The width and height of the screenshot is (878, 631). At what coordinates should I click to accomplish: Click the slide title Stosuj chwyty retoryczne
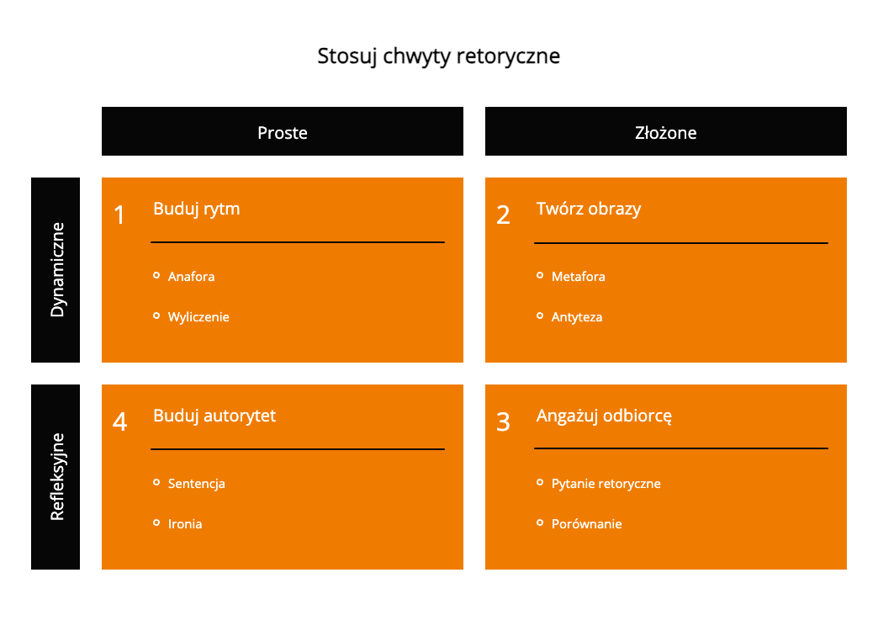pyautogui.click(x=438, y=56)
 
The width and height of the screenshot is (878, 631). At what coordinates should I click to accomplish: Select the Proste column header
pyautogui.click(x=283, y=132)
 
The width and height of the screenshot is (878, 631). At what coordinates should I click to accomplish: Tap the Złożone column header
pyautogui.click(x=666, y=132)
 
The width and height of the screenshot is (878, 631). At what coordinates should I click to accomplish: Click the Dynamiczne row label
pyautogui.click(x=56, y=269)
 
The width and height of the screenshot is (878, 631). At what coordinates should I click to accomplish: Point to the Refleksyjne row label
pyautogui.click(x=56, y=476)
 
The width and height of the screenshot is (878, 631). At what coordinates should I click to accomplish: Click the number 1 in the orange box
pyautogui.click(x=119, y=215)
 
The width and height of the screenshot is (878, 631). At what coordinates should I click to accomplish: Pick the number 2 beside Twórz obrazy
pyautogui.click(x=503, y=215)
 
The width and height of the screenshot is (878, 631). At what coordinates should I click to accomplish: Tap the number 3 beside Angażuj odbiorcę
pyautogui.click(x=503, y=422)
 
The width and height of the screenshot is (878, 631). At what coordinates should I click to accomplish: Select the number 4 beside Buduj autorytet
pyautogui.click(x=119, y=422)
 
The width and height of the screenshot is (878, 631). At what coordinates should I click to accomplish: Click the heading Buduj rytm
pyautogui.click(x=197, y=209)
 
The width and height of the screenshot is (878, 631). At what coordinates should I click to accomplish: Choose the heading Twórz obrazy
pyautogui.click(x=589, y=209)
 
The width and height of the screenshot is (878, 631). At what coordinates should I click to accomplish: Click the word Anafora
pyautogui.click(x=191, y=276)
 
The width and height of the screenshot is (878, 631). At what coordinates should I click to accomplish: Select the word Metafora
pyautogui.click(x=578, y=276)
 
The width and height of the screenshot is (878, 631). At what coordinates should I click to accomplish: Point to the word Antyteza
pyautogui.click(x=577, y=317)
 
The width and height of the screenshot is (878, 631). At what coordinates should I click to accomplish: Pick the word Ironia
pyautogui.click(x=185, y=524)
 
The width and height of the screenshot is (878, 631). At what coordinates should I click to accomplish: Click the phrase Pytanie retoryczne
pyautogui.click(x=606, y=484)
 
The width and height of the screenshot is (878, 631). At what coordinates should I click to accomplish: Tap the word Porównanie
pyautogui.click(x=586, y=524)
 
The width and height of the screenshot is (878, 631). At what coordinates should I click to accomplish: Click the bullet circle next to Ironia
pyautogui.click(x=156, y=522)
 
